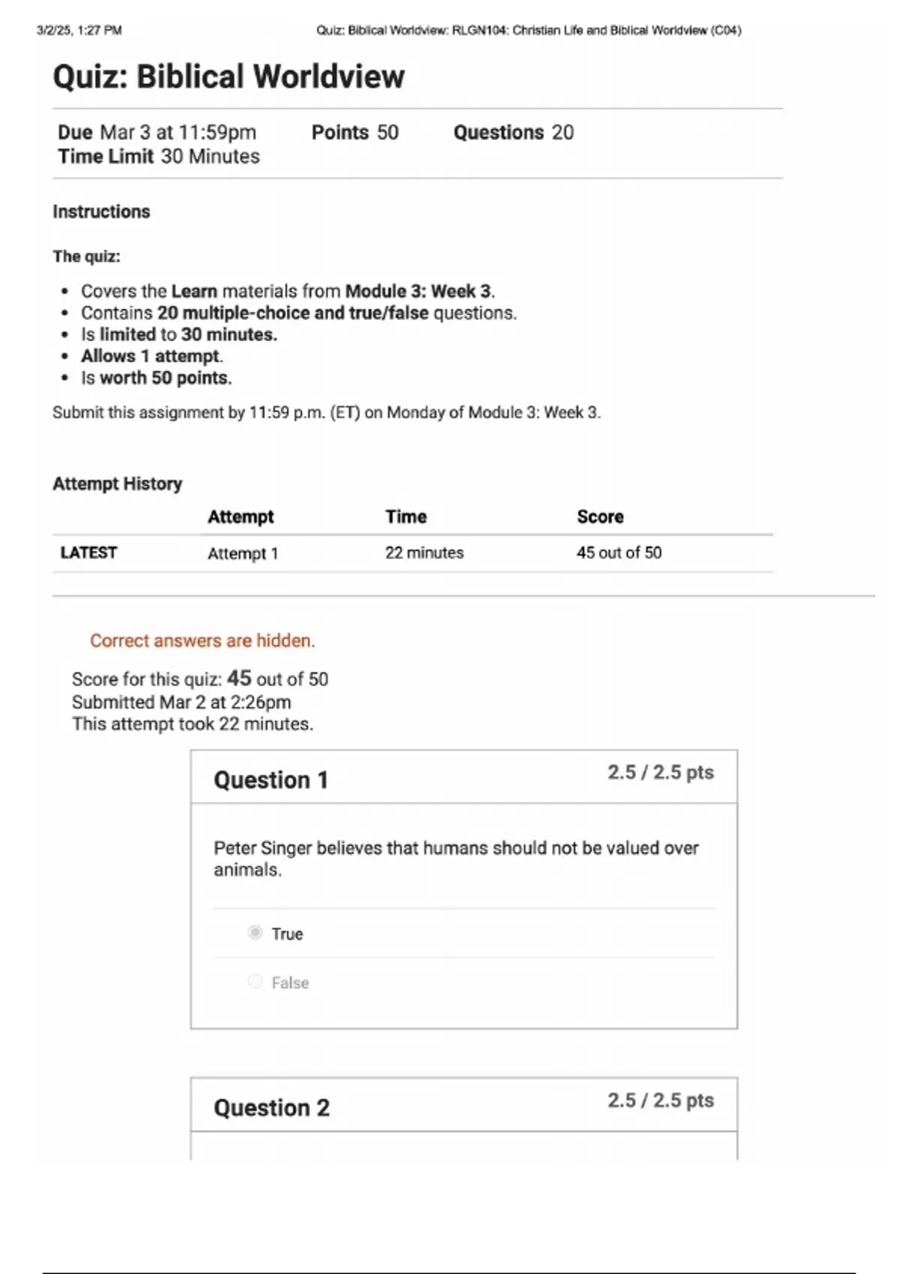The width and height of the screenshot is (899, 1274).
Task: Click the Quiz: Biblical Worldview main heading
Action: click(x=228, y=76)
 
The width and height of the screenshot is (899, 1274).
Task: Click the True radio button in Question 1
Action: click(x=255, y=933)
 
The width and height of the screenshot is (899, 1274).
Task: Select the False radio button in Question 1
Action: click(x=255, y=982)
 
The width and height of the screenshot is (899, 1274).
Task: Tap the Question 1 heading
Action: click(x=270, y=780)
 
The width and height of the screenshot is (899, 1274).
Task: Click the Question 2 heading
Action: click(x=271, y=1108)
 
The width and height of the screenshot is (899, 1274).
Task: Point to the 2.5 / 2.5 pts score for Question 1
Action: click(x=660, y=773)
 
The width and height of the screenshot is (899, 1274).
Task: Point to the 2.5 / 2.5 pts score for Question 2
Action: click(x=660, y=1101)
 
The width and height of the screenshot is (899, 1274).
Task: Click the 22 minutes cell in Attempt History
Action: click(x=424, y=553)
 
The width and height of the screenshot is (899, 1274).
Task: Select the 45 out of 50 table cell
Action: click(x=619, y=553)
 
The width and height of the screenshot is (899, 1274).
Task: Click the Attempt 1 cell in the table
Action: click(x=243, y=554)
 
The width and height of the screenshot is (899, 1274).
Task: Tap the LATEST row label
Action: click(x=88, y=553)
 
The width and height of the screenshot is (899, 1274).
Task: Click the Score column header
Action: click(x=600, y=517)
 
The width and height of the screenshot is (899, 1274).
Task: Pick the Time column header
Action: click(x=406, y=517)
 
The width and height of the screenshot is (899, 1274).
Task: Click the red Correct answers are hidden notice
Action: click(x=202, y=641)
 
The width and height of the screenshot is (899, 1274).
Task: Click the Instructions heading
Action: click(x=101, y=212)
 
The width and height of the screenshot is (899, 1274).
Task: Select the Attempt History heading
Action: click(x=117, y=484)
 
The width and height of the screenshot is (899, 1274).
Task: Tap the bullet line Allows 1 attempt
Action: click(x=152, y=356)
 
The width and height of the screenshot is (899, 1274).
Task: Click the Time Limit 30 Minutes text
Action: click(x=159, y=157)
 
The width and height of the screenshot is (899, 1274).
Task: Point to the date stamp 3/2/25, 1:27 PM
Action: click(x=79, y=31)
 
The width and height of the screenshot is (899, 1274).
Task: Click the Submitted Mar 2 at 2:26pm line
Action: click(x=181, y=702)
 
